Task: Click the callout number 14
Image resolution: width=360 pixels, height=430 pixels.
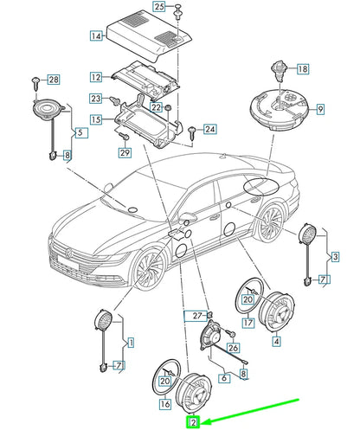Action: coord(96,36)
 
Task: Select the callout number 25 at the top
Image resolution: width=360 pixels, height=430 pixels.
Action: coord(158,7)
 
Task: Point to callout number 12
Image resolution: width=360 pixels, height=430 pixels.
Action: coord(96,77)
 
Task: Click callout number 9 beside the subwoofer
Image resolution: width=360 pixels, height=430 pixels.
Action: coord(319,109)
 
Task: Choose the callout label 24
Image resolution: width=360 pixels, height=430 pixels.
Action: coord(209,130)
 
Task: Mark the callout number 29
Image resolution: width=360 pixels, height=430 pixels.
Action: coord(124,154)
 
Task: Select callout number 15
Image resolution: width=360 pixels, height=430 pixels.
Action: coord(96,118)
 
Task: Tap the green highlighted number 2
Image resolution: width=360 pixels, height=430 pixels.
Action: coord(194,423)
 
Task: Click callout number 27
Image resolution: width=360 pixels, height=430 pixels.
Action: coord(197,315)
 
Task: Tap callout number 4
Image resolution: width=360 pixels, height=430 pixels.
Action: coord(276,342)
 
